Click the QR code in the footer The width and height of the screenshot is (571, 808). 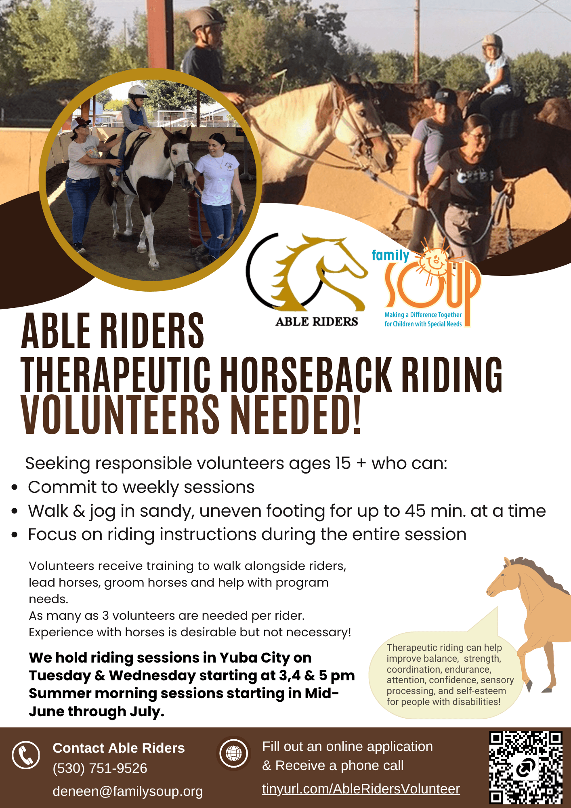(x=526, y=767)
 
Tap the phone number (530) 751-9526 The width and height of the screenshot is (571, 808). (x=100, y=768)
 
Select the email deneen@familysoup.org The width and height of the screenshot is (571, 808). (x=128, y=791)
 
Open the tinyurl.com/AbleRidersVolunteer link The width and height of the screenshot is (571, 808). (x=361, y=789)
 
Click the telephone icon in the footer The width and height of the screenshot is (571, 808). (x=26, y=755)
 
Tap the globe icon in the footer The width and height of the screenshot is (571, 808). (x=233, y=753)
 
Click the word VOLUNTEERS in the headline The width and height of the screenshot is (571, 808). (x=120, y=415)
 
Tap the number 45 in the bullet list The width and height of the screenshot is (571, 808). (x=416, y=511)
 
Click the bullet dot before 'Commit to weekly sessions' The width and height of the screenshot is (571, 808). (x=15, y=488)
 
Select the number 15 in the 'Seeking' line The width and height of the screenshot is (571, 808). (x=343, y=463)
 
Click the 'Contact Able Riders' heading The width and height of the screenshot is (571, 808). (x=119, y=748)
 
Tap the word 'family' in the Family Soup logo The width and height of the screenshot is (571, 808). (x=390, y=255)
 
